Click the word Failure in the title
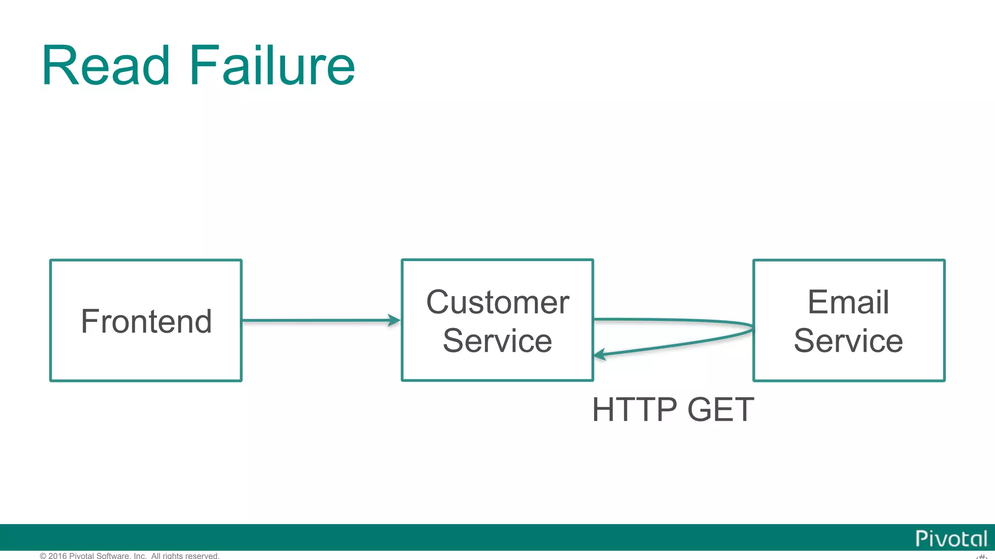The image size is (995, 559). (x=272, y=66)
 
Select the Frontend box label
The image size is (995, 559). (x=146, y=321)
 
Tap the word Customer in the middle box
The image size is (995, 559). (x=497, y=302)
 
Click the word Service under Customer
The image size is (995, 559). (x=497, y=341)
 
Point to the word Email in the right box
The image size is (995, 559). (x=848, y=302)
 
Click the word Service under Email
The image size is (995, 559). (x=848, y=341)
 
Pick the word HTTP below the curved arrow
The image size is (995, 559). (x=635, y=410)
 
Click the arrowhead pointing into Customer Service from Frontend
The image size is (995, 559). (x=395, y=320)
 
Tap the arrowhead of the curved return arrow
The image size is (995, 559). (x=600, y=355)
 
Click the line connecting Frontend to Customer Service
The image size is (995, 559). (x=316, y=320)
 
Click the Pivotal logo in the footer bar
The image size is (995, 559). (x=951, y=539)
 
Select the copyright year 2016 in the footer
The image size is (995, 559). (x=57, y=556)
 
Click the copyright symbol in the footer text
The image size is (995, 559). (x=43, y=556)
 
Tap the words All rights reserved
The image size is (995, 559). (x=185, y=556)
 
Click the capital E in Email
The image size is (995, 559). (x=817, y=302)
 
